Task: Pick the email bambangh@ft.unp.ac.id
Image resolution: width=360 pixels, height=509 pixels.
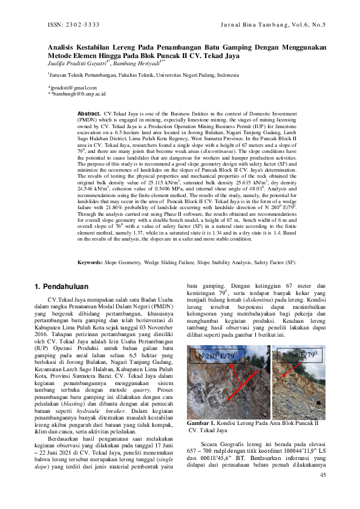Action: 77,94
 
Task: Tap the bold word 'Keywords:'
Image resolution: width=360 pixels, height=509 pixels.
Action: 91,263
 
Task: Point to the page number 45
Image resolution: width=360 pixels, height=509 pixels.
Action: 322,492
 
